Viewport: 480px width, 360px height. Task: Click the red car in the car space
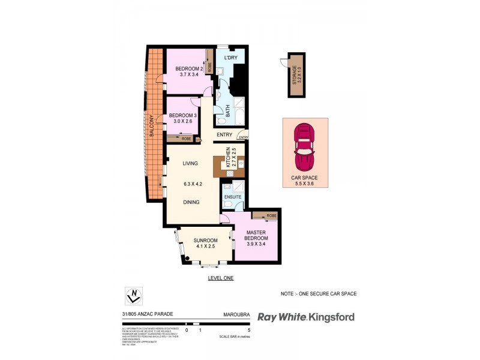tap(305, 146)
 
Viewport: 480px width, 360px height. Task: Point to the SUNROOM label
tap(205, 241)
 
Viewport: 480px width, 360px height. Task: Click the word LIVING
tap(190, 163)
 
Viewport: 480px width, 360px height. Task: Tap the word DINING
tap(191, 202)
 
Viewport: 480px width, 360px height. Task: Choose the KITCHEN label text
tap(228, 158)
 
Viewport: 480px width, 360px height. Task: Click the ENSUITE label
tap(232, 197)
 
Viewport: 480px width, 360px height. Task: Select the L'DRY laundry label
tap(232, 58)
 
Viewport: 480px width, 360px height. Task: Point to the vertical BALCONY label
tap(152, 125)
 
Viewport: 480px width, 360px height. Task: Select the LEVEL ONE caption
tap(220, 278)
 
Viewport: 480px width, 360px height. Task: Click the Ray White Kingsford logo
tap(305, 317)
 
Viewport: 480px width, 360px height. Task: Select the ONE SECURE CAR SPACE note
tap(319, 293)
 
